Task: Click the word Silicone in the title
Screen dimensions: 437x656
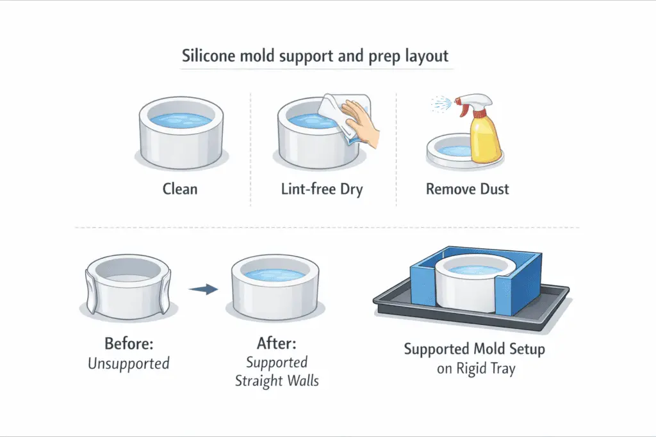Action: tap(206, 56)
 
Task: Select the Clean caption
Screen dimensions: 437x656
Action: tap(180, 189)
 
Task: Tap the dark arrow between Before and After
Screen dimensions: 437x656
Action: tap(204, 290)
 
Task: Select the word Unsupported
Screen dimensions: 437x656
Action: tap(129, 364)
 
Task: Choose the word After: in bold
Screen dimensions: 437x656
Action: tap(276, 344)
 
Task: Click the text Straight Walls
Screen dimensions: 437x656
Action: tap(276, 381)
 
